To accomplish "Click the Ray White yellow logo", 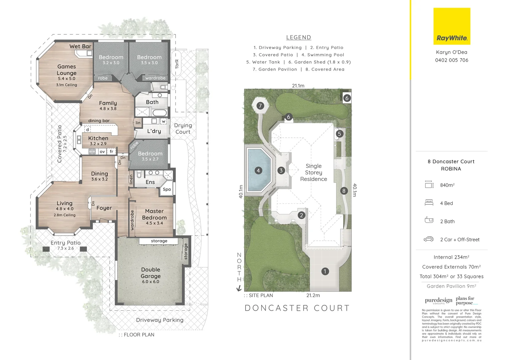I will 452,26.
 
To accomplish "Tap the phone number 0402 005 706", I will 451,60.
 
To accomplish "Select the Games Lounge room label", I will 67,70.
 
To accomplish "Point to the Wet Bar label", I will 80,46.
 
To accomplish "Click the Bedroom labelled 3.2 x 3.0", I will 111,59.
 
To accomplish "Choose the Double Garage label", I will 151,273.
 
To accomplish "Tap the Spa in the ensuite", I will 167,189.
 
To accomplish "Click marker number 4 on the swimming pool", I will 258,171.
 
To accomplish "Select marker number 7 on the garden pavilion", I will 260,106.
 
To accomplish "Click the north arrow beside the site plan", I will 239,288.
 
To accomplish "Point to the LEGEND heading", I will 298,38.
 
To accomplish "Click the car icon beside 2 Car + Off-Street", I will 428,239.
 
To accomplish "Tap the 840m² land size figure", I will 447,185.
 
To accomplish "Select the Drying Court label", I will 183,129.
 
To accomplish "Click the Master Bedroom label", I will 154,214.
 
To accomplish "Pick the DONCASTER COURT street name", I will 297,308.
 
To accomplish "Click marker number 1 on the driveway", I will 325,271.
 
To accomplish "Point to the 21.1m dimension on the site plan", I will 298,86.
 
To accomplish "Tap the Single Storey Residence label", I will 313,172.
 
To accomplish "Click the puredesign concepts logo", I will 438,300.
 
